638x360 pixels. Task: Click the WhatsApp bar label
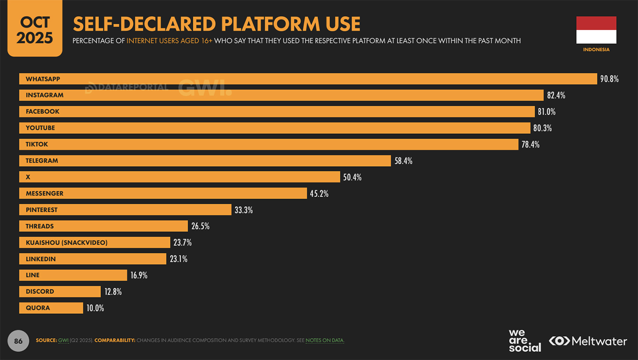tap(43, 79)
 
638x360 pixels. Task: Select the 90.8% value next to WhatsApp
tap(609, 79)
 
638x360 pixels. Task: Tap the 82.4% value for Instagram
tap(556, 95)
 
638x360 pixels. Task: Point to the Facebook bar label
tap(42, 111)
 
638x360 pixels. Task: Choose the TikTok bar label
tap(37, 144)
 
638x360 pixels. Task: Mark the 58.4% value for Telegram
tap(403, 161)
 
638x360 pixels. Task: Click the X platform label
tap(28, 177)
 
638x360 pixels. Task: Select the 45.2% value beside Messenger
tap(319, 194)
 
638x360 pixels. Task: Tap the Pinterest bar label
tap(41, 210)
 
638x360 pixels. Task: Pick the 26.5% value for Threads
tap(200, 226)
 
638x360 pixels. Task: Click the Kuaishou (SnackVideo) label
tap(66, 243)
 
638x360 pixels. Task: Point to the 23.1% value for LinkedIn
tap(178, 259)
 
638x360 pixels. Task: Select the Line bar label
tap(32, 275)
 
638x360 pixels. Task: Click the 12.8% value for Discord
tap(113, 292)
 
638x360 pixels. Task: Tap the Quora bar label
tap(38, 308)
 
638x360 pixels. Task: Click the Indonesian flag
tap(596, 30)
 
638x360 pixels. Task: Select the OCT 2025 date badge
tap(35, 30)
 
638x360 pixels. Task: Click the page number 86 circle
tap(19, 341)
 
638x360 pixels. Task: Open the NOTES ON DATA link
tap(325, 340)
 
